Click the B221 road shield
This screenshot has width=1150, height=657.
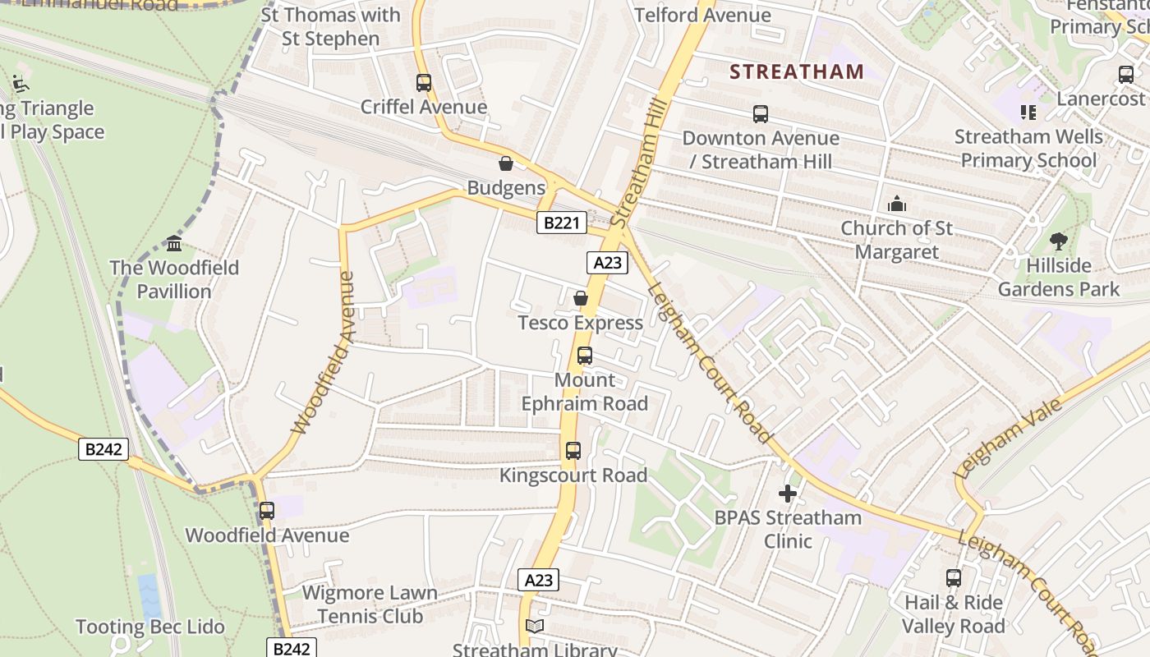562,223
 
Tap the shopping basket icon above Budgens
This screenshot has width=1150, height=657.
506,163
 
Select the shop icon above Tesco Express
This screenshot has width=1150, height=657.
581,298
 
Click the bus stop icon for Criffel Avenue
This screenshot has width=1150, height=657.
424,83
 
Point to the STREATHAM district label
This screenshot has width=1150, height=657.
796,71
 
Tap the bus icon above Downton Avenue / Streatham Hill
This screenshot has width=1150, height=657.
761,114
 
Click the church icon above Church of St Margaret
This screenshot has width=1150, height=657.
897,204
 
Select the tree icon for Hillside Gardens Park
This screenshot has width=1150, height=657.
1059,241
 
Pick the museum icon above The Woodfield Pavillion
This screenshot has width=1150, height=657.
174,244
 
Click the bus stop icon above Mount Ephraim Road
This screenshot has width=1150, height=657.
585,356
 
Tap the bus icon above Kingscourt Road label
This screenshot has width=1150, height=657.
573,451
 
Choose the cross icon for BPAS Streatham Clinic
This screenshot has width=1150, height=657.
788,494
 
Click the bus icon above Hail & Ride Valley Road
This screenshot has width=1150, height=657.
954,578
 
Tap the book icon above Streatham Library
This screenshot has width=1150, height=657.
535,627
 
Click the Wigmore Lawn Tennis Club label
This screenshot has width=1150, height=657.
370,604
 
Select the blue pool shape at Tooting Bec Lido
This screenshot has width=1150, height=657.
149,597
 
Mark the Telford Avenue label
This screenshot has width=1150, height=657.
702,15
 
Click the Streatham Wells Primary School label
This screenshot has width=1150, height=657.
1028,148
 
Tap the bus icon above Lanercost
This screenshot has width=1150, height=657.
1126,75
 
